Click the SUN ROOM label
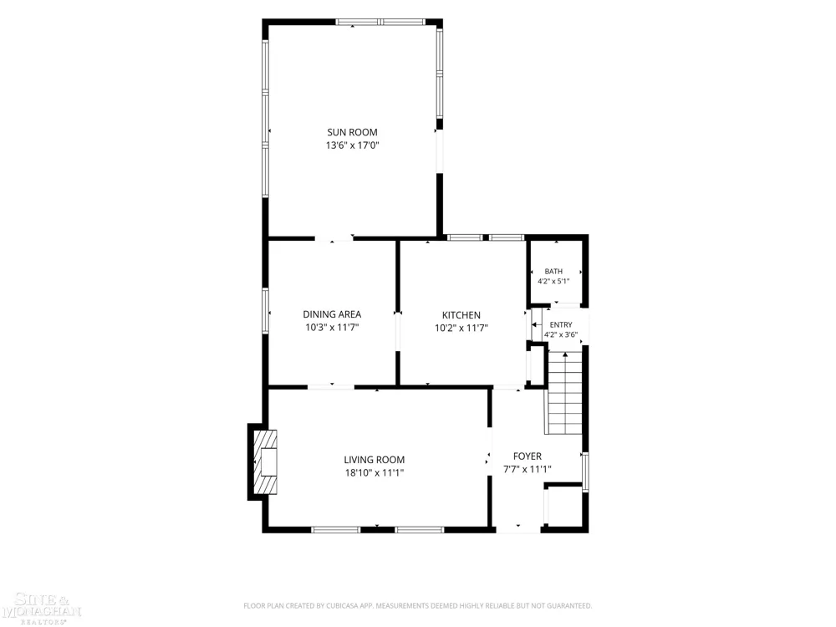pos(352,132)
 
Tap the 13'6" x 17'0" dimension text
pos(352,145)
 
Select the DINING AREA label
pos(332,314)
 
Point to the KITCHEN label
pos(461,315)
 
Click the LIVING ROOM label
pos(374,460)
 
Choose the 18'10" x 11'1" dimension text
pos(374,472)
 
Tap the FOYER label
pos(528,456)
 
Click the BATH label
pos(553,272)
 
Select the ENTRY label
pos(561,324)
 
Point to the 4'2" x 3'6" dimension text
pos(561,335)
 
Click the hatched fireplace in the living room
pos(265,461)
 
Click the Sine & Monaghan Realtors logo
pos(41,609)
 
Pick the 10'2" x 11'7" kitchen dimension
pos(461,328)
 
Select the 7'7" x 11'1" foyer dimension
pos(528,469)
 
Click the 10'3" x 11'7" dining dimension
pos(332,328)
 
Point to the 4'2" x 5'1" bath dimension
pos(553,281)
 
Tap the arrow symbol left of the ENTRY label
pos(535,324)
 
